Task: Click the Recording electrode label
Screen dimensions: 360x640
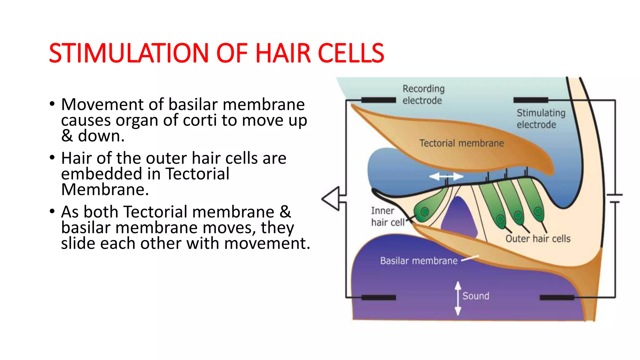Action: [x=423, y=94]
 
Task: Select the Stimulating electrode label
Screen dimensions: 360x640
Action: [x=541, y=119]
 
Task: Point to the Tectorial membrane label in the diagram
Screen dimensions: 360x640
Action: [x=461, y=143]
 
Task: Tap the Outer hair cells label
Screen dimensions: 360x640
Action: [x=538, y=239]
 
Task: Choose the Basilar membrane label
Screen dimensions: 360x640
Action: [x=418, y=261]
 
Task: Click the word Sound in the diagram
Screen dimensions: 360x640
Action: [x=476, y=296]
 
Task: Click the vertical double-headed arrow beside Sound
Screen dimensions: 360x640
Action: [x=458, y=298]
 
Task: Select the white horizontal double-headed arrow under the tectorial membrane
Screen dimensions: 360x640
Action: [x=446, y=177]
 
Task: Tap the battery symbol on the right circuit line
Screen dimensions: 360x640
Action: [x=614, y=199]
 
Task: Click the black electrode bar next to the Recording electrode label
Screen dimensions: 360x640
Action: [x=378, y=100]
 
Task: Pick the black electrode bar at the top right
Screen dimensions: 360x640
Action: [x=531, y=100]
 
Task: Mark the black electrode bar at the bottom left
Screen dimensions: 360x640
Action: [x=378, y=297]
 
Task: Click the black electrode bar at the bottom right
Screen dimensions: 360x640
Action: [x=557, y=297]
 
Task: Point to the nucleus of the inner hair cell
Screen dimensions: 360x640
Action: [x=425, y=212]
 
